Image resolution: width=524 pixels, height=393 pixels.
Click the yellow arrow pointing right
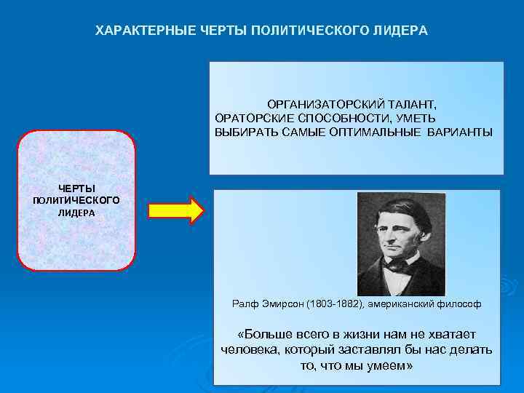175,210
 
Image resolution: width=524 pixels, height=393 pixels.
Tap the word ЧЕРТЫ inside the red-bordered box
77,188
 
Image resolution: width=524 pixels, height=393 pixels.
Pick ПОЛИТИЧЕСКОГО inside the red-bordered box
76,200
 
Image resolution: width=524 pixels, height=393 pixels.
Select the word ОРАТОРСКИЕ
250,118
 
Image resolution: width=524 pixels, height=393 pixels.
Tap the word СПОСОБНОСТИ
336,118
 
